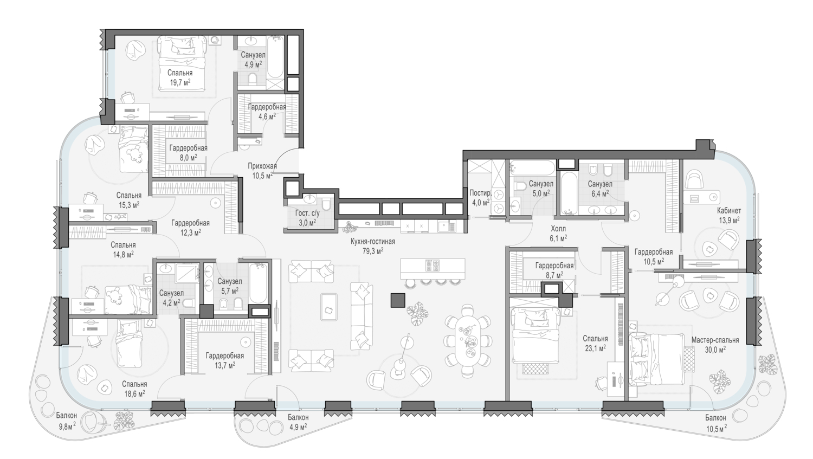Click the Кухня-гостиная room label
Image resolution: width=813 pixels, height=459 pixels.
click(373, 242)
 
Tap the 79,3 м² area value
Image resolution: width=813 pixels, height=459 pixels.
click(373, 251)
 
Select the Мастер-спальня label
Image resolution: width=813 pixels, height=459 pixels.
click(715, 340)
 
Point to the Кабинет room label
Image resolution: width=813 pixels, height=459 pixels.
click(729, 211)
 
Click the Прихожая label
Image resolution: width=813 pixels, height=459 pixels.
click(262, 166)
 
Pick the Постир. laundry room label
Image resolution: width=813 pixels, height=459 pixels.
click(480, 193)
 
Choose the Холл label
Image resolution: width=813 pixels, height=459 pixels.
click(558, 229)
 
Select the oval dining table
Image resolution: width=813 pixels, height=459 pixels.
click(468, 341)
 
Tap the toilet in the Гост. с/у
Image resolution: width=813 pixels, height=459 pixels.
click(326, 204)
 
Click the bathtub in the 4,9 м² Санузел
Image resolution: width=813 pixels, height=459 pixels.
click(275, 57)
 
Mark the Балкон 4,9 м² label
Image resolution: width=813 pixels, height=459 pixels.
click(298, 422)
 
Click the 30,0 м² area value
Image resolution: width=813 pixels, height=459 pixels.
click(715, 350)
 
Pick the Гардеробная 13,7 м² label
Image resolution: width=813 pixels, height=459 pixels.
click(225, 360)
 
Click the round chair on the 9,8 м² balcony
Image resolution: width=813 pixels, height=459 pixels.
click(95, 422)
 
